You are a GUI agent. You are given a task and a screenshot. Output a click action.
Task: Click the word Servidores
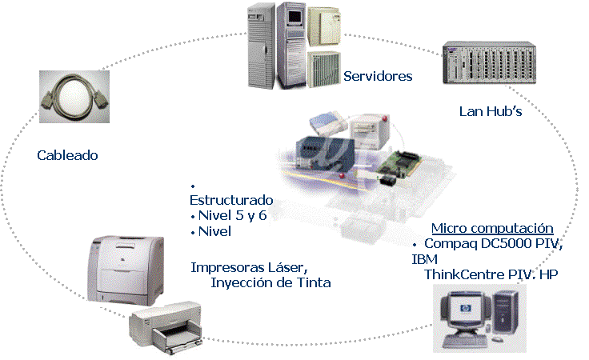[x=378, y=76]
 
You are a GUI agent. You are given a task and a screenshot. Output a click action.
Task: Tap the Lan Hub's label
[x=491, y=111]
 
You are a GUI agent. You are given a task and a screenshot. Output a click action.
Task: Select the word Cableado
[x=67, y=155]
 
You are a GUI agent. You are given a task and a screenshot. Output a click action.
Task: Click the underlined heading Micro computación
[x=492, y=228]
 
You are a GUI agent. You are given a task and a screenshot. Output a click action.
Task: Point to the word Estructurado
[x=231, y=200]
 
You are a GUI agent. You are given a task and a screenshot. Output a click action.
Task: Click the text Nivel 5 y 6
[x=233, y=215]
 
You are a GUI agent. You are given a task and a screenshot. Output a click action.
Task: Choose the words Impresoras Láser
[x=250, y=267]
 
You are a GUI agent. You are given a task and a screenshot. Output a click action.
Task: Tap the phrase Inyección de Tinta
[x=270, y=282]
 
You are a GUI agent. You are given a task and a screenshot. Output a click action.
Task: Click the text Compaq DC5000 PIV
[x=493, y=244]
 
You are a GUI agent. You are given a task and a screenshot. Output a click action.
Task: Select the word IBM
[x=425, y=259]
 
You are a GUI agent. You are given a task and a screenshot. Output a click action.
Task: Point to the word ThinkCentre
[x=464, y=274]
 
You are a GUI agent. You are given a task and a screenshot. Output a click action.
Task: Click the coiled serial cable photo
[x=74, y=97]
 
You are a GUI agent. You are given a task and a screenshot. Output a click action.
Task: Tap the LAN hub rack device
[x=489, y=62]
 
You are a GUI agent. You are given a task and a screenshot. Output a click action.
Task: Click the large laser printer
[x=126, y=270]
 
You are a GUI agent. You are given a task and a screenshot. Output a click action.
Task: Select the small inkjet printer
[x=166, y=327]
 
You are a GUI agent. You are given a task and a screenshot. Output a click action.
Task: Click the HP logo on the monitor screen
[x=466, y=309]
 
